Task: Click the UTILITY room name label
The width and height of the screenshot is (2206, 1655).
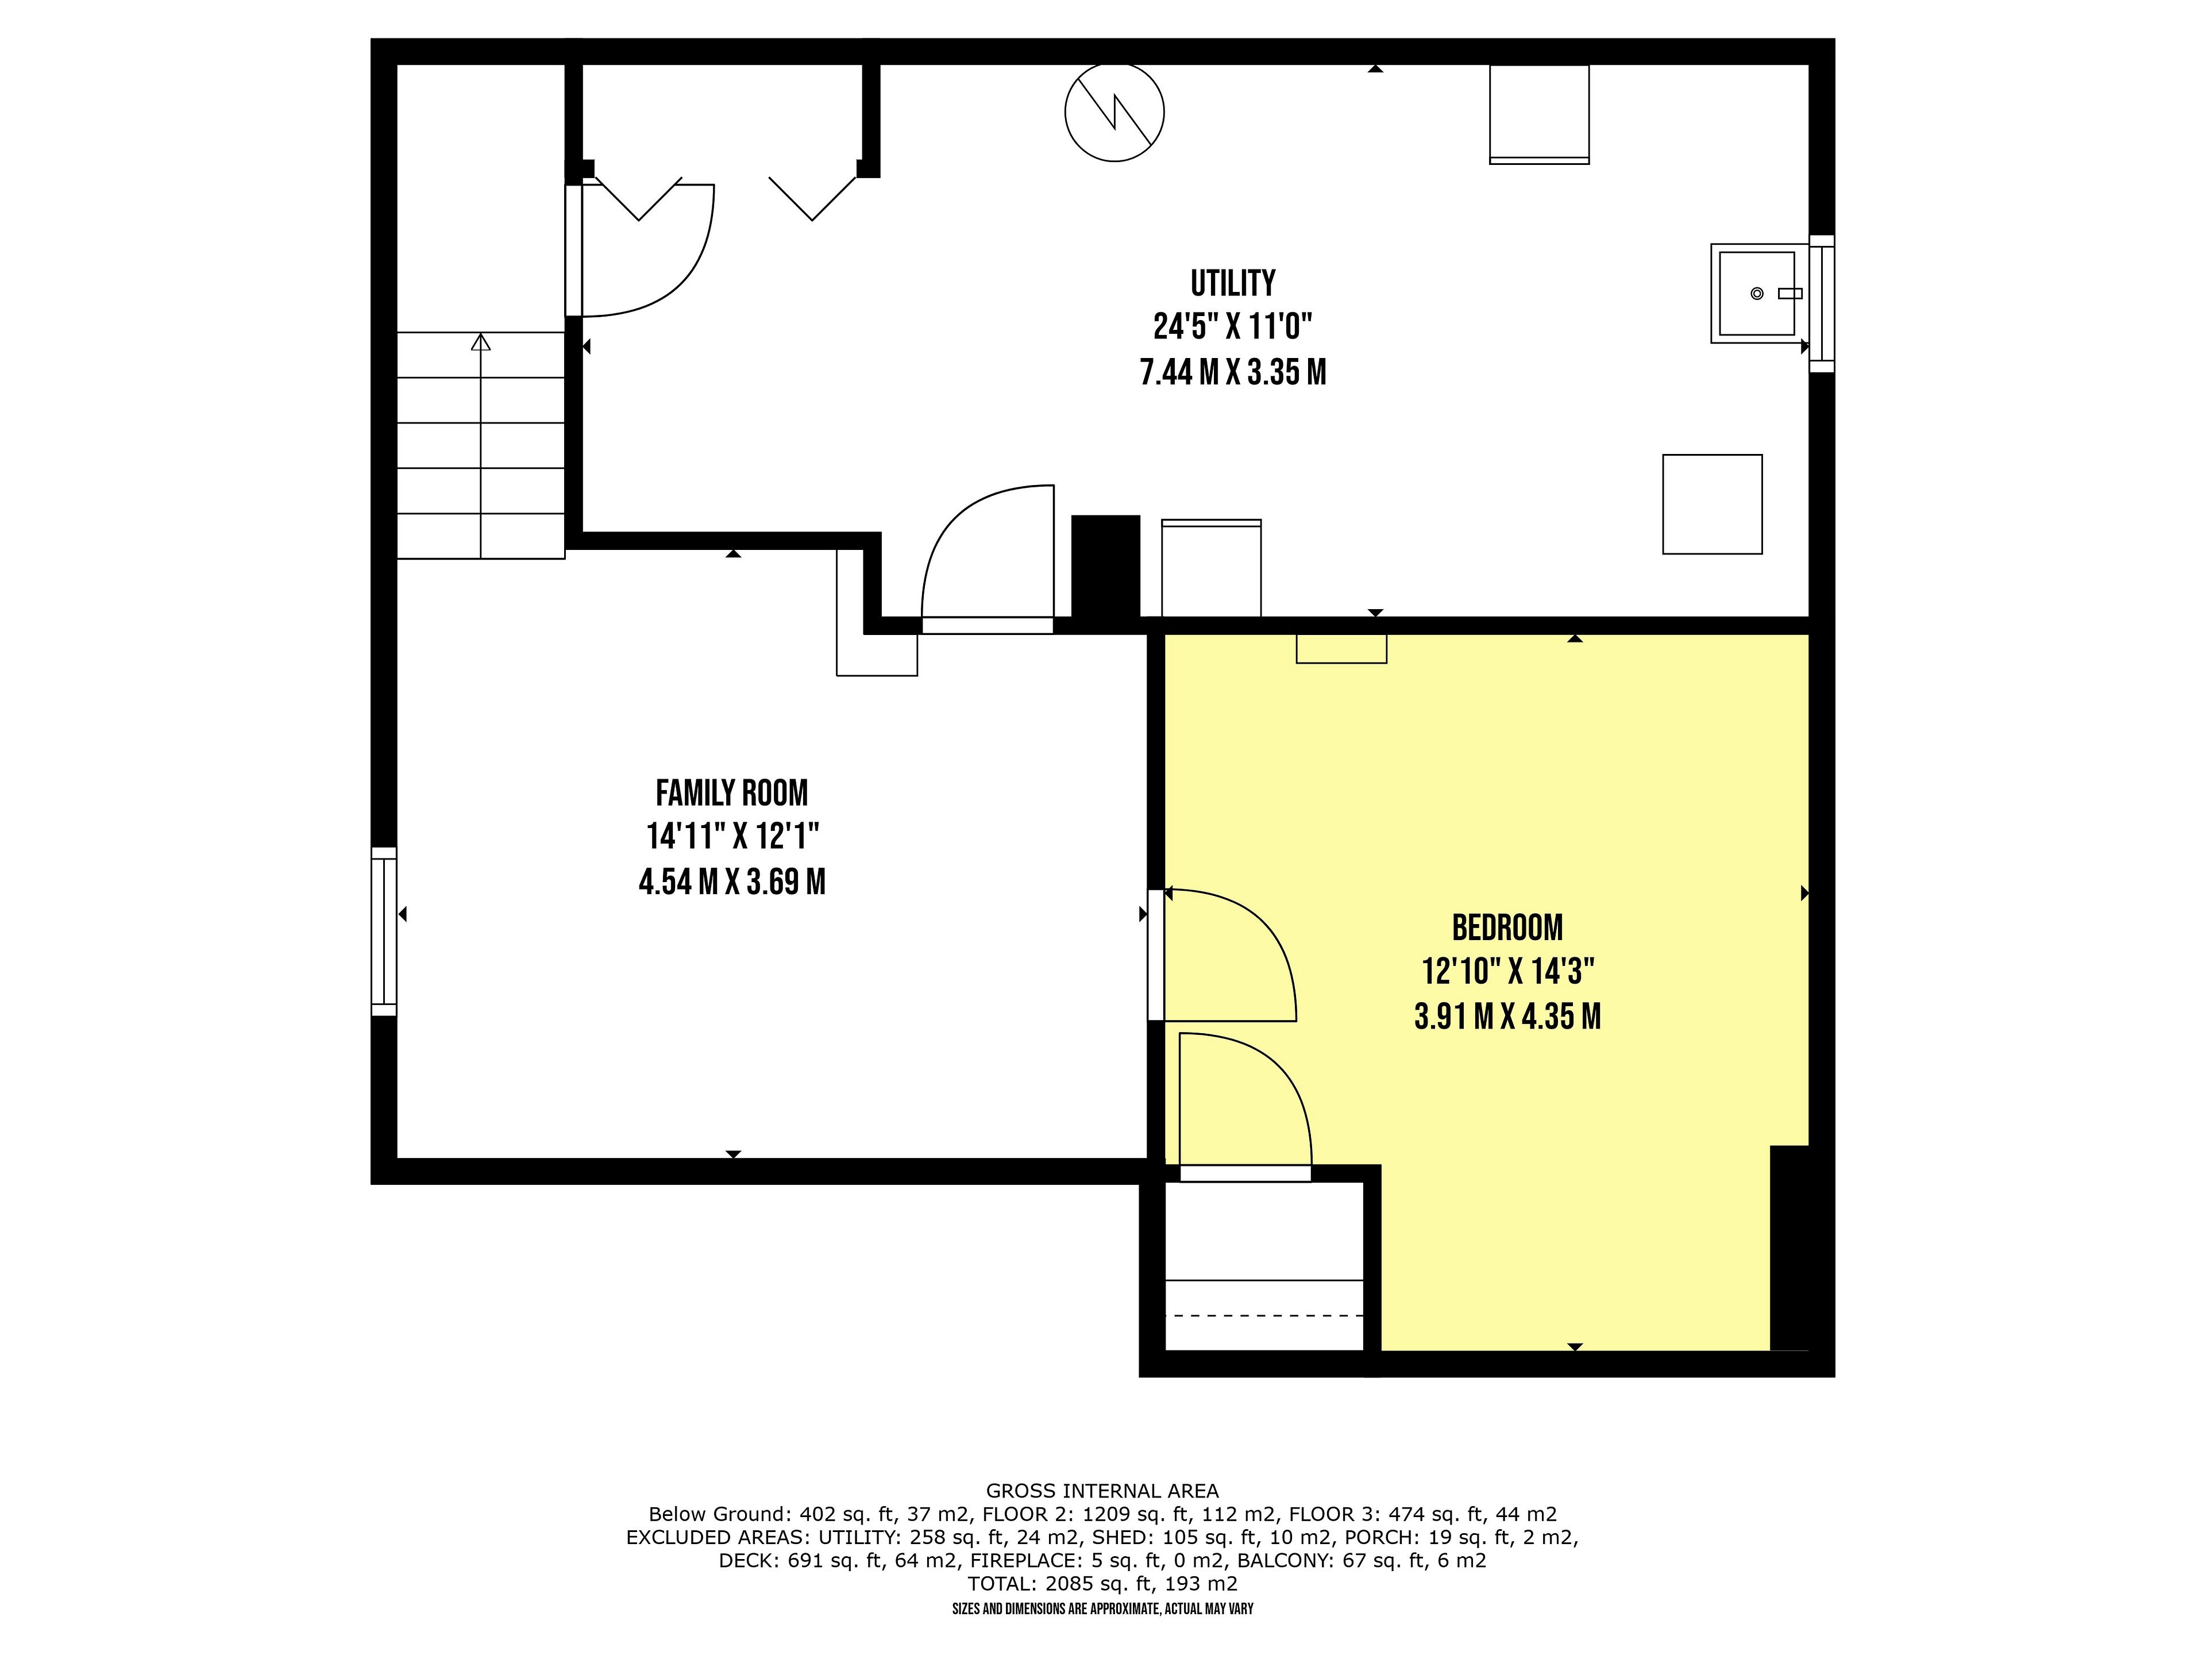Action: [x=1233, y=283]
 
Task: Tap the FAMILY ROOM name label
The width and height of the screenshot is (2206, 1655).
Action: [x=732, y=793]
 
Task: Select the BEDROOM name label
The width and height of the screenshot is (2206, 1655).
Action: [x=1507, y=927]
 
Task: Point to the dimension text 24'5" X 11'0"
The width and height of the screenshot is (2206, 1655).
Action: [x=1233, y=326]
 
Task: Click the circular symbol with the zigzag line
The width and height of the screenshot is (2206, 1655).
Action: [x=1114, y=111]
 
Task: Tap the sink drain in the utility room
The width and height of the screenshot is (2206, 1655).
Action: [x=1757, y=293]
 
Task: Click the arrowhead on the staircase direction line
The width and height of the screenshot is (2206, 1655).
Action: [x=481, y=342]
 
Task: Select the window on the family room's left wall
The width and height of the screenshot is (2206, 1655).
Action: [x=384, y=932]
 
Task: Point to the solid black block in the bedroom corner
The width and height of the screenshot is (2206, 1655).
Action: [x=1789, y=1248]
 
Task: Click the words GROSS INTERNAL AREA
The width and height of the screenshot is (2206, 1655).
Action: [x=1102, y=1491]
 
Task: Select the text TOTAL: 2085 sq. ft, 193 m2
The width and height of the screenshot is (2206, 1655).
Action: [x=1102, y=1583]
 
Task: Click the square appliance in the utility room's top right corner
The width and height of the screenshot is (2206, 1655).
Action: [x=1539, y=114]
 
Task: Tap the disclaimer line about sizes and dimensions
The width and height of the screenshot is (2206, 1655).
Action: [x=1102, y=1609]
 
